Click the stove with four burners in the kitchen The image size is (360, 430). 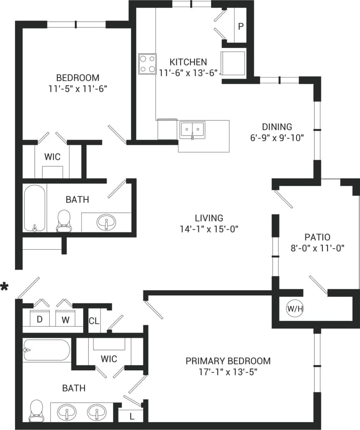click(147, 64)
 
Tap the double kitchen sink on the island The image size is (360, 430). click(192, 129)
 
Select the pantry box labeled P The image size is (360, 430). click(240, 26)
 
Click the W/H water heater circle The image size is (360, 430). click(294, 309)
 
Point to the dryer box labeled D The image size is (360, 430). click(40, 319)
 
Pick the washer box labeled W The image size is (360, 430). click(65, 319)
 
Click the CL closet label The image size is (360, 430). click(94, 321)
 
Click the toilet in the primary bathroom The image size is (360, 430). click(36, 410)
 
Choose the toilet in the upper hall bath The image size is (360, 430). click(63, 220)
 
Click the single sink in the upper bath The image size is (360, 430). click(107, 222)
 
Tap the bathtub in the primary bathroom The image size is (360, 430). click(47, 350)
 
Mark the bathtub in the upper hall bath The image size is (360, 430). click(35, 208)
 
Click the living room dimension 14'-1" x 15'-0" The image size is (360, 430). click(209, 230)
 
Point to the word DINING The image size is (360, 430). click(277, 127)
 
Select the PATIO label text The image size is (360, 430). click(317, 237)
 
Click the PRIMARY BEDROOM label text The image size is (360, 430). click(228, 361)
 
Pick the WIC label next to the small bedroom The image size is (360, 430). click(52, 157)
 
